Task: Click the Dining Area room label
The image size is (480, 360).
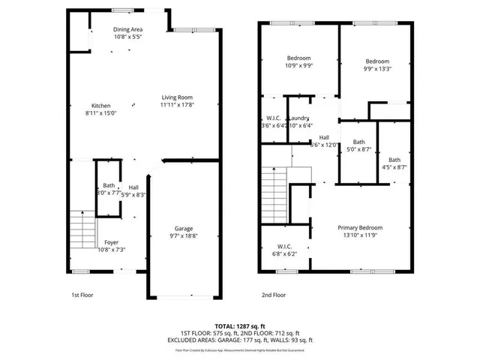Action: coord(128,29)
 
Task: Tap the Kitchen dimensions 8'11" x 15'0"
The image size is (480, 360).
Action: coord(101,113)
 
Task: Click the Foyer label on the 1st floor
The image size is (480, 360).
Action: coord(111,241)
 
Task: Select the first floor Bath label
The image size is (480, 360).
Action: coord(109,185)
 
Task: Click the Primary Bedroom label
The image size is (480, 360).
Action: coord(360,227)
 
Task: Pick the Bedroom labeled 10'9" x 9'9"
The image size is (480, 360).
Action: coord(298,58)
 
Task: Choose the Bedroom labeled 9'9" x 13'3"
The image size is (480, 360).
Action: coord(377,61)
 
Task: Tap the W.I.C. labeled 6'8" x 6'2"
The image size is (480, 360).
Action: coord(284,246)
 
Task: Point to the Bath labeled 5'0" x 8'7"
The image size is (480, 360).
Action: coord(358,142)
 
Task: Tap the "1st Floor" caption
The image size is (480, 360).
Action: coord(82,295)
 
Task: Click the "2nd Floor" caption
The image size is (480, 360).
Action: coord(274,295)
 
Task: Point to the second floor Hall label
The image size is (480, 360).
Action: coord(325,137)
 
